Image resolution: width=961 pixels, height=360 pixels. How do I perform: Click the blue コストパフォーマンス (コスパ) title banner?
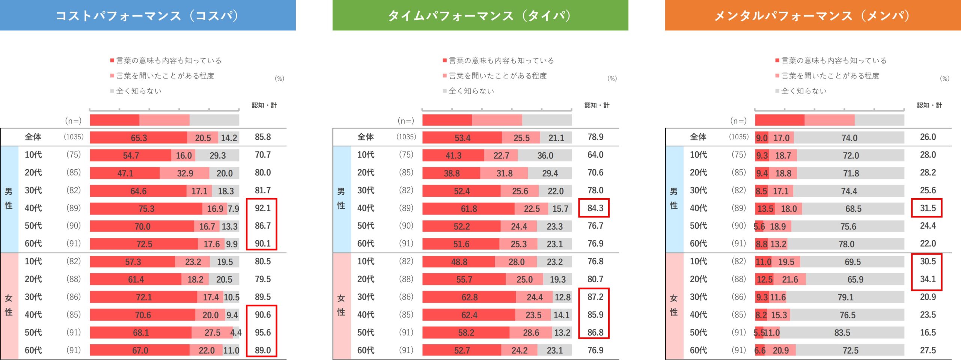148,15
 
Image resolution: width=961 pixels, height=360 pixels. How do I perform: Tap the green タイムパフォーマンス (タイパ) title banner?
480,15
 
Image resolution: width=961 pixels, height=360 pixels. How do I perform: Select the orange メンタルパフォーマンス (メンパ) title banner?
813,15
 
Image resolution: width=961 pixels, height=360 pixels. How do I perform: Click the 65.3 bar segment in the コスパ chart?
139,138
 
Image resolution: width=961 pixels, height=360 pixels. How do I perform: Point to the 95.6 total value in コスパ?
262,332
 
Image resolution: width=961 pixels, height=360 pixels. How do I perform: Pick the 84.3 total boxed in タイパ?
595,208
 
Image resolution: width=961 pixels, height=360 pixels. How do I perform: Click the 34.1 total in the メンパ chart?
928,279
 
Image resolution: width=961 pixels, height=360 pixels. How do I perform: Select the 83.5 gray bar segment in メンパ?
842,333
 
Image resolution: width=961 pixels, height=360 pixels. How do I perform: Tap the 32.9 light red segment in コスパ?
185,173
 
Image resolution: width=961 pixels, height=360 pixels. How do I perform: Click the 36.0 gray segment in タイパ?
545,155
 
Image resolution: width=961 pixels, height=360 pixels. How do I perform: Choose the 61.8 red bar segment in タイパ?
468,209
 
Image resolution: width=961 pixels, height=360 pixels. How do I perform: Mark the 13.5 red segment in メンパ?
765,209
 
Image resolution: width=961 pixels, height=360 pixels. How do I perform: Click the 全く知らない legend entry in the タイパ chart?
471,91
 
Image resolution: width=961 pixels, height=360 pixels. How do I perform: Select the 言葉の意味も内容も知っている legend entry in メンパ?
833,60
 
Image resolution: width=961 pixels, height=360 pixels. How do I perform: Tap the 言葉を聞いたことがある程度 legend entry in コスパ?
165,76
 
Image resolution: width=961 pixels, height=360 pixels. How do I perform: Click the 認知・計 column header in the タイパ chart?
596,105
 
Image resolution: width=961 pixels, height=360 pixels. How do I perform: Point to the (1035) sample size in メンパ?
738,137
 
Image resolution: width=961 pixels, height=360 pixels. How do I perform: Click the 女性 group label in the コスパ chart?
9,305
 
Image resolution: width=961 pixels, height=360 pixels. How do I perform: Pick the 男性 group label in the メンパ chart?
674,199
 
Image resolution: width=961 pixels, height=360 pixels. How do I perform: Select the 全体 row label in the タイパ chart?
365,137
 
